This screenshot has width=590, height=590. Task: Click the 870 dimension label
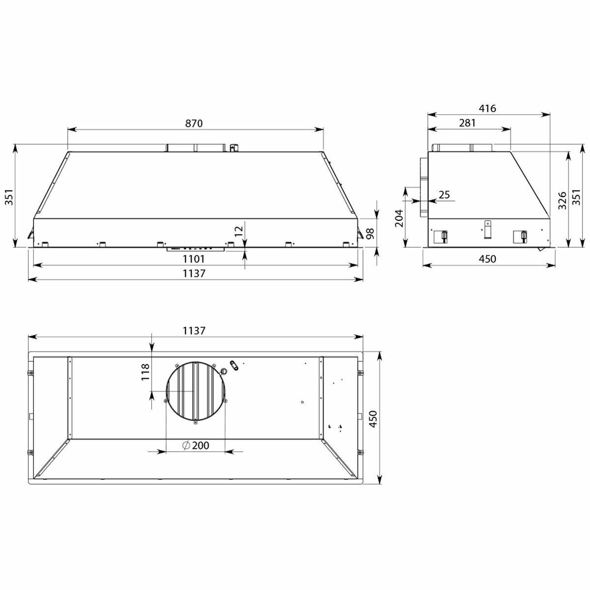click(194, 123)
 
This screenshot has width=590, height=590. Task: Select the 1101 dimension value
click(195, 259)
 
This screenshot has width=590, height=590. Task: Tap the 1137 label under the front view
click(195, 273)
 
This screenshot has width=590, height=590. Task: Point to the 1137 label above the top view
click(194, 331)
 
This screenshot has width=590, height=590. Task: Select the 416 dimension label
click(487, 109)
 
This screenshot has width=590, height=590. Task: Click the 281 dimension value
click(467, 123)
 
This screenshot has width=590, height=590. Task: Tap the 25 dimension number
click(444, 195)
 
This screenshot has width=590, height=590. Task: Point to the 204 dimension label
click(399, 218)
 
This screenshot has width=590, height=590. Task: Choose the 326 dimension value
click(562, 200)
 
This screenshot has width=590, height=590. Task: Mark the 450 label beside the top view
click(374, 418)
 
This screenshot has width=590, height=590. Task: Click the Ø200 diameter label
click(195, 445)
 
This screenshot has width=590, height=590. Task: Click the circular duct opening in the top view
click(196, 391)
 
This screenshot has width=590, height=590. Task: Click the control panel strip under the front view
click(196, 249)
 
